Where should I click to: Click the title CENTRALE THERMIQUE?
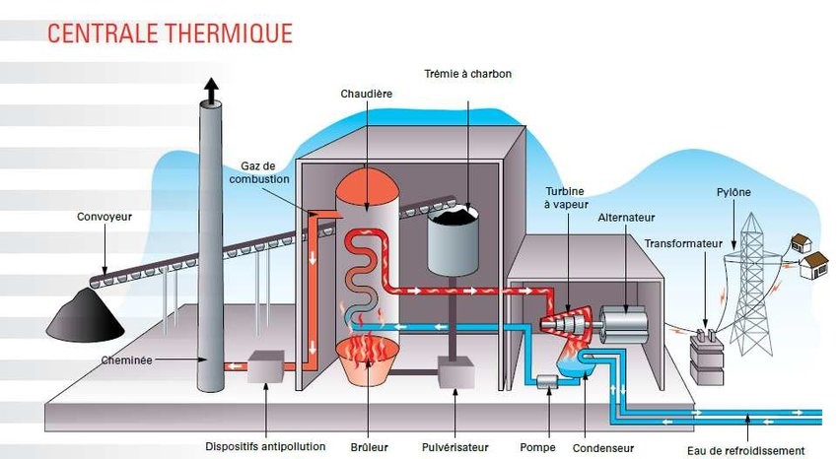point(170,33)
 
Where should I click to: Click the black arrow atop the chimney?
point(210,91)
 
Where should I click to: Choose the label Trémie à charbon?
point(468,74)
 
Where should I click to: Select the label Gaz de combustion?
point(264,172)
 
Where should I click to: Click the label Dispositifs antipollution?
point(266,446)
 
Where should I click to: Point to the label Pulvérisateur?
point(455,446)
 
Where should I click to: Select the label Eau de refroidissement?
point(749,448)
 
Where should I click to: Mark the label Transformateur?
point(683,242)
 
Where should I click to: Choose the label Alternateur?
point(626,218)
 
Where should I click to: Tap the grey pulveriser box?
point(455,372)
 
